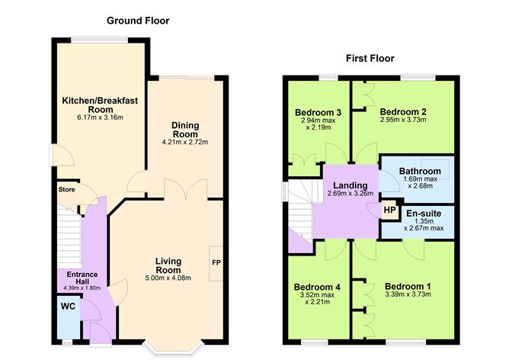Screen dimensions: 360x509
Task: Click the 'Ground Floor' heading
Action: click(138, 21)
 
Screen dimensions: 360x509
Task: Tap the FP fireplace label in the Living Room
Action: click(216, 263)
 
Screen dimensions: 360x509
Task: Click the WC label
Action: click(67, 307)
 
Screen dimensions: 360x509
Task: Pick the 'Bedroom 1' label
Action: click(408, 287)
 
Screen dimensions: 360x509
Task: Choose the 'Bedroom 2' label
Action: click(403, 111)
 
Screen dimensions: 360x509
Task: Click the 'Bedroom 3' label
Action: click(317, 113)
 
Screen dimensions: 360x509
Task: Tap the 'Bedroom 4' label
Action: click(317, 288)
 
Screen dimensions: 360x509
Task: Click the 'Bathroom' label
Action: click(422, 171)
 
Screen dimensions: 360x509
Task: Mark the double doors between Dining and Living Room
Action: click(186, 188)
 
